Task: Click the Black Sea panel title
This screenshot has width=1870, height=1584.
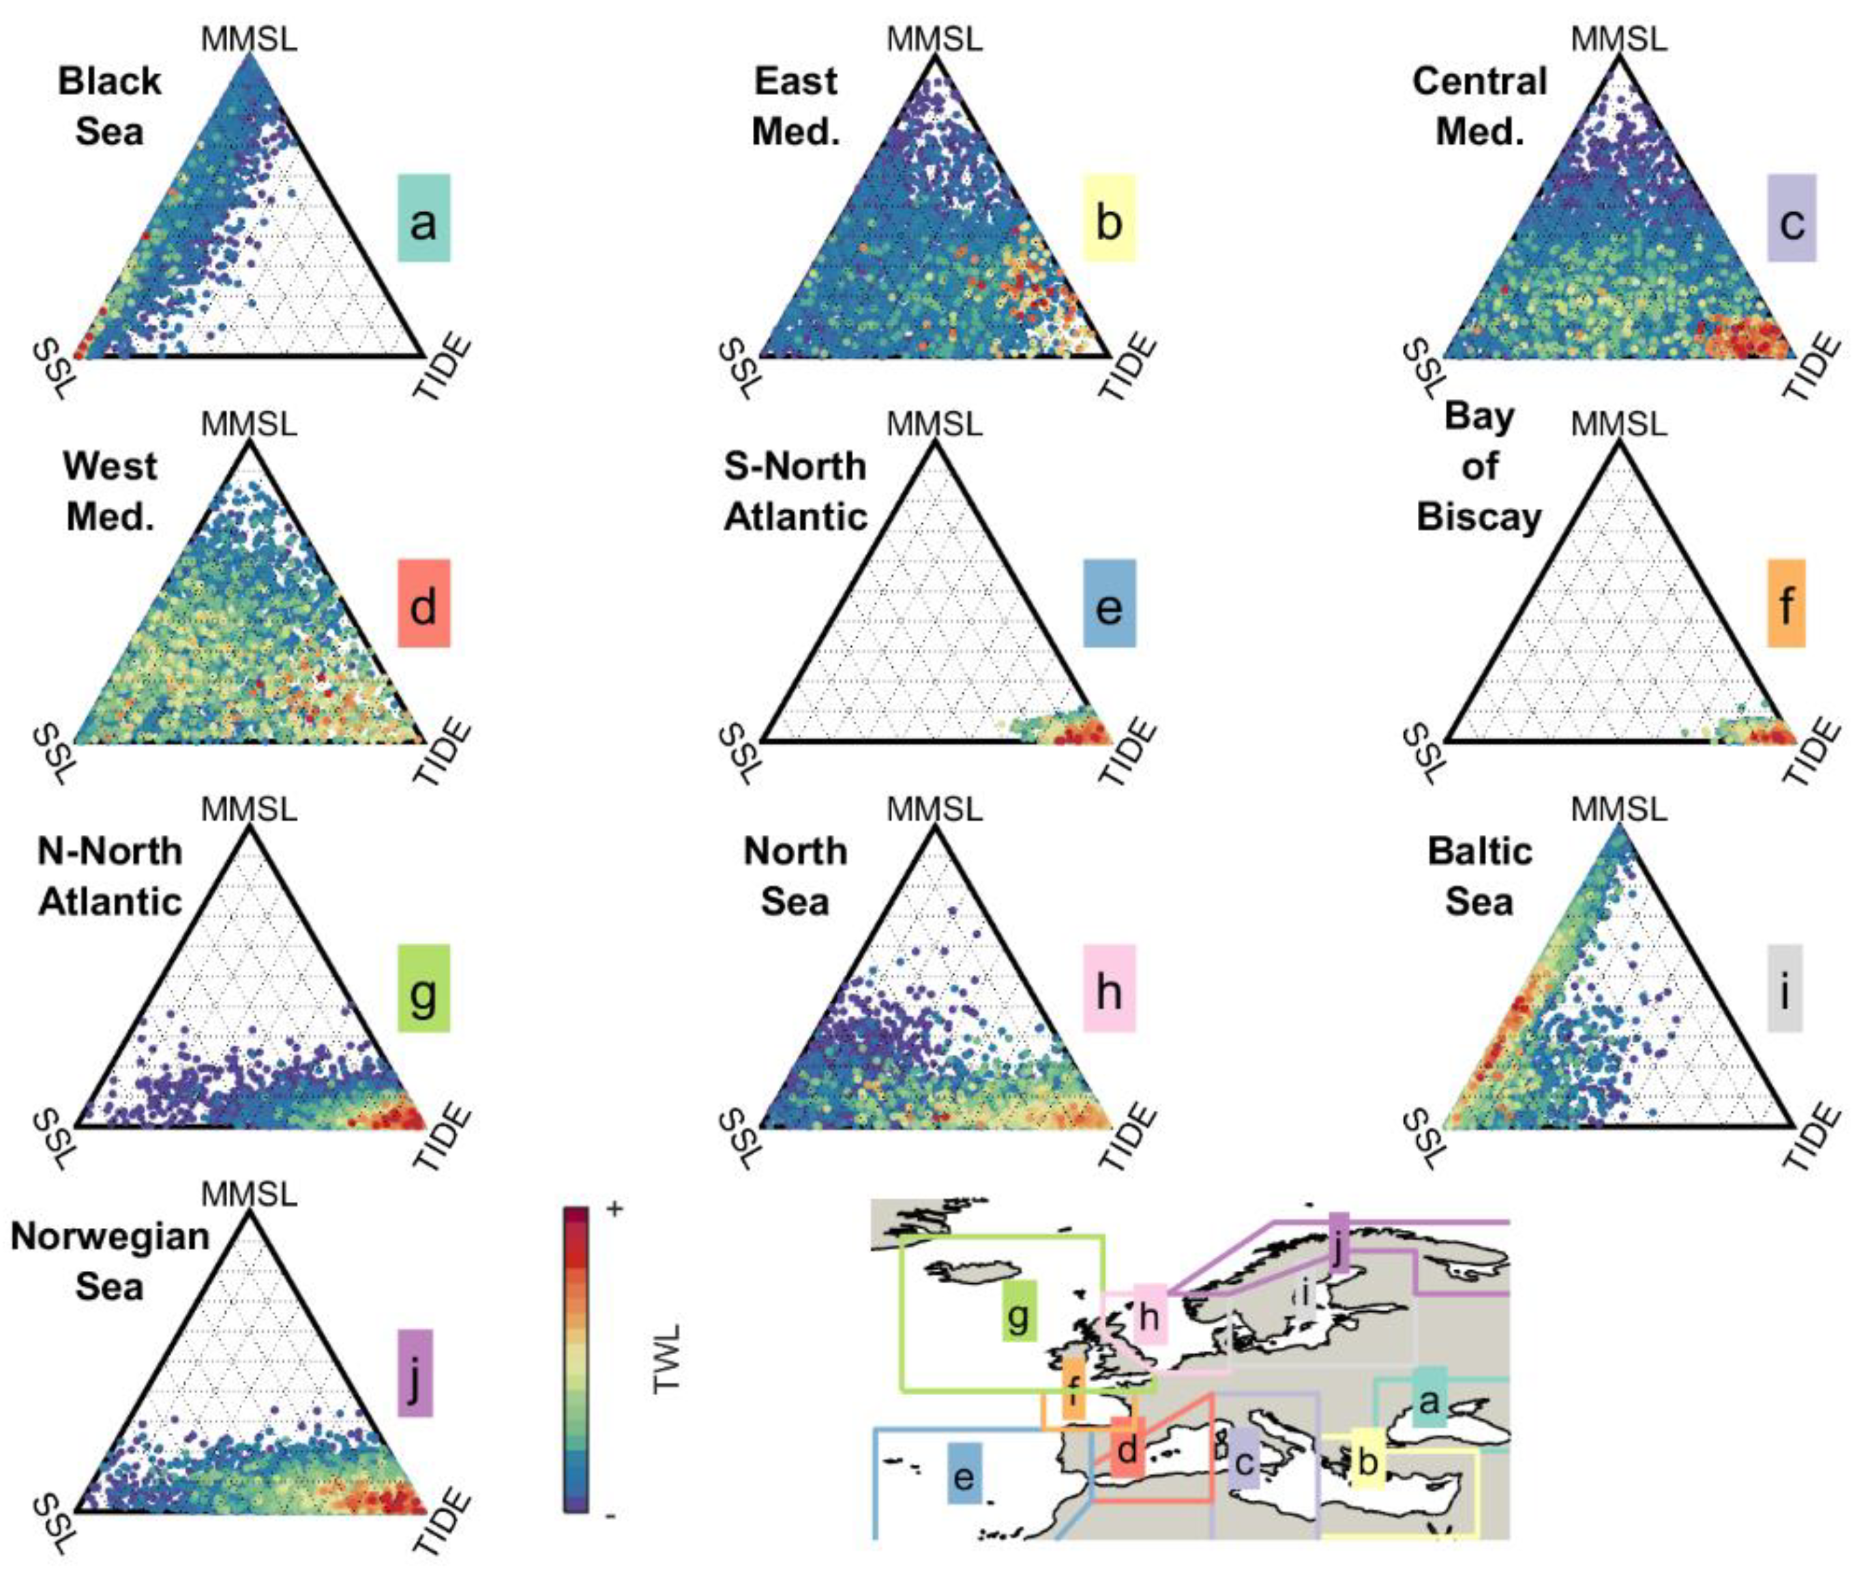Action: tap(110, 106)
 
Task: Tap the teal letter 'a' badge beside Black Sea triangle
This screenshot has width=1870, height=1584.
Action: tap(424, 218)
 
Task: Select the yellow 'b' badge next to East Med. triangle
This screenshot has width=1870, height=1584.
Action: tap(1110, 218)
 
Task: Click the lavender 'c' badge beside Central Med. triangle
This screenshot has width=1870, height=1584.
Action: tap(1792, 218)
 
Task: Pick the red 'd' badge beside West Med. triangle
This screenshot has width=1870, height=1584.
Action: tap(424, 604)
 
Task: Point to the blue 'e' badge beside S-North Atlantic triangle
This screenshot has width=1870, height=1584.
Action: tap(1110, 604)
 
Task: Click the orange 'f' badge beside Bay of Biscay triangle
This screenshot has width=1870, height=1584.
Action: tap(1787, 604)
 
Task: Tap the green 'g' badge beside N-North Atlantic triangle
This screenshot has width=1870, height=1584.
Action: tap(424, 988)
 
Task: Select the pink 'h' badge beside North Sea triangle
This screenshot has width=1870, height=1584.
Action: tap(1110, 988)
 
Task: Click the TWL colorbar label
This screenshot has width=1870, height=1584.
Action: tap(667, 1358)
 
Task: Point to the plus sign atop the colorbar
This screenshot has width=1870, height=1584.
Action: tap(615, 1209)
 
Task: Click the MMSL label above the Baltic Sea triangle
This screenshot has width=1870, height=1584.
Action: tap(1618, 810)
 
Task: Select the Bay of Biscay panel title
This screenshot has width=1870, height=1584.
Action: tap(1479, 467)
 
